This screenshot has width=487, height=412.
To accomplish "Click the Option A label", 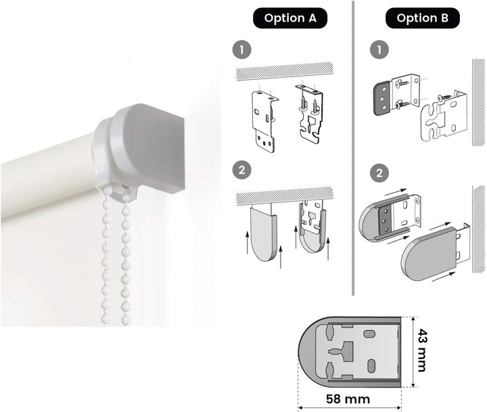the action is pyautogui.click(x=290, y=18).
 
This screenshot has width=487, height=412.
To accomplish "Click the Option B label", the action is pyautogui.click(x=422, y=18).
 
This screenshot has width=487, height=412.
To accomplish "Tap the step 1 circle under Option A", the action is pyautogui.click(x=241, y=49).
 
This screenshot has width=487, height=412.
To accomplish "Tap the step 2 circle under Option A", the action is pyautogui.click(x=241, y=170).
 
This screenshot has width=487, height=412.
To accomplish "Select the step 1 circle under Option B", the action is pyautogui.click(x=379, y=49).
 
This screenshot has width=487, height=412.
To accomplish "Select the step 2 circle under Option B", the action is pyautogui.click(x=379, y=173).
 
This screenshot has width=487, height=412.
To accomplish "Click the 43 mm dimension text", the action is pyautogui.click(x=421, y=350).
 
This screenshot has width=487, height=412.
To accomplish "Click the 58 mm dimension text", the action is pyautogui.click(x=348, y=398).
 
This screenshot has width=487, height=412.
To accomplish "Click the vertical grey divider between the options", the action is pyautogui.click(x=353, y=148).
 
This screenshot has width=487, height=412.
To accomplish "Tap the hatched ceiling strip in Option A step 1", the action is pyautogui.click(x=285, y=71).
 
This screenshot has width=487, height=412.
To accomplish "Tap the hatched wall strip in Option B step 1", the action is pyautogui.click(x=478, y=103).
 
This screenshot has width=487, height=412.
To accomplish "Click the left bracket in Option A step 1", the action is pyautogui.click(x=264, y=122).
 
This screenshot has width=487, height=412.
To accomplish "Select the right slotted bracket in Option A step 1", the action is pyautogui.click(x=308, y=114).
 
